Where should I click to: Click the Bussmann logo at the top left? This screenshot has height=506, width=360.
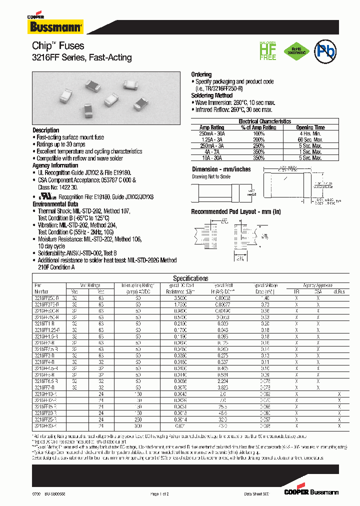[x=55, y=25]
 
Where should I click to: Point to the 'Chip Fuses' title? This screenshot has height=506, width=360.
[x=58, y=46]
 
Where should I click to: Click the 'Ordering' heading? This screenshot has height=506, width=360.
[x=201, y=74]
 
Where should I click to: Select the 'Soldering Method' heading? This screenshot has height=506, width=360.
[x=211, y=95]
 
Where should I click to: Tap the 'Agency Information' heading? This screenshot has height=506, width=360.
[x=55, y=165]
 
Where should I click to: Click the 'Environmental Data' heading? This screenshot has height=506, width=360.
[x=55, y=204]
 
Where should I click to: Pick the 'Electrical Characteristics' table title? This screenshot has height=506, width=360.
[x=264, y=121]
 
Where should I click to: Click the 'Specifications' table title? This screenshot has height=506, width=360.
[x=190, y=278]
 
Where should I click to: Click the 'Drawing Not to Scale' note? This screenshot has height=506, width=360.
[x=211, y=176]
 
